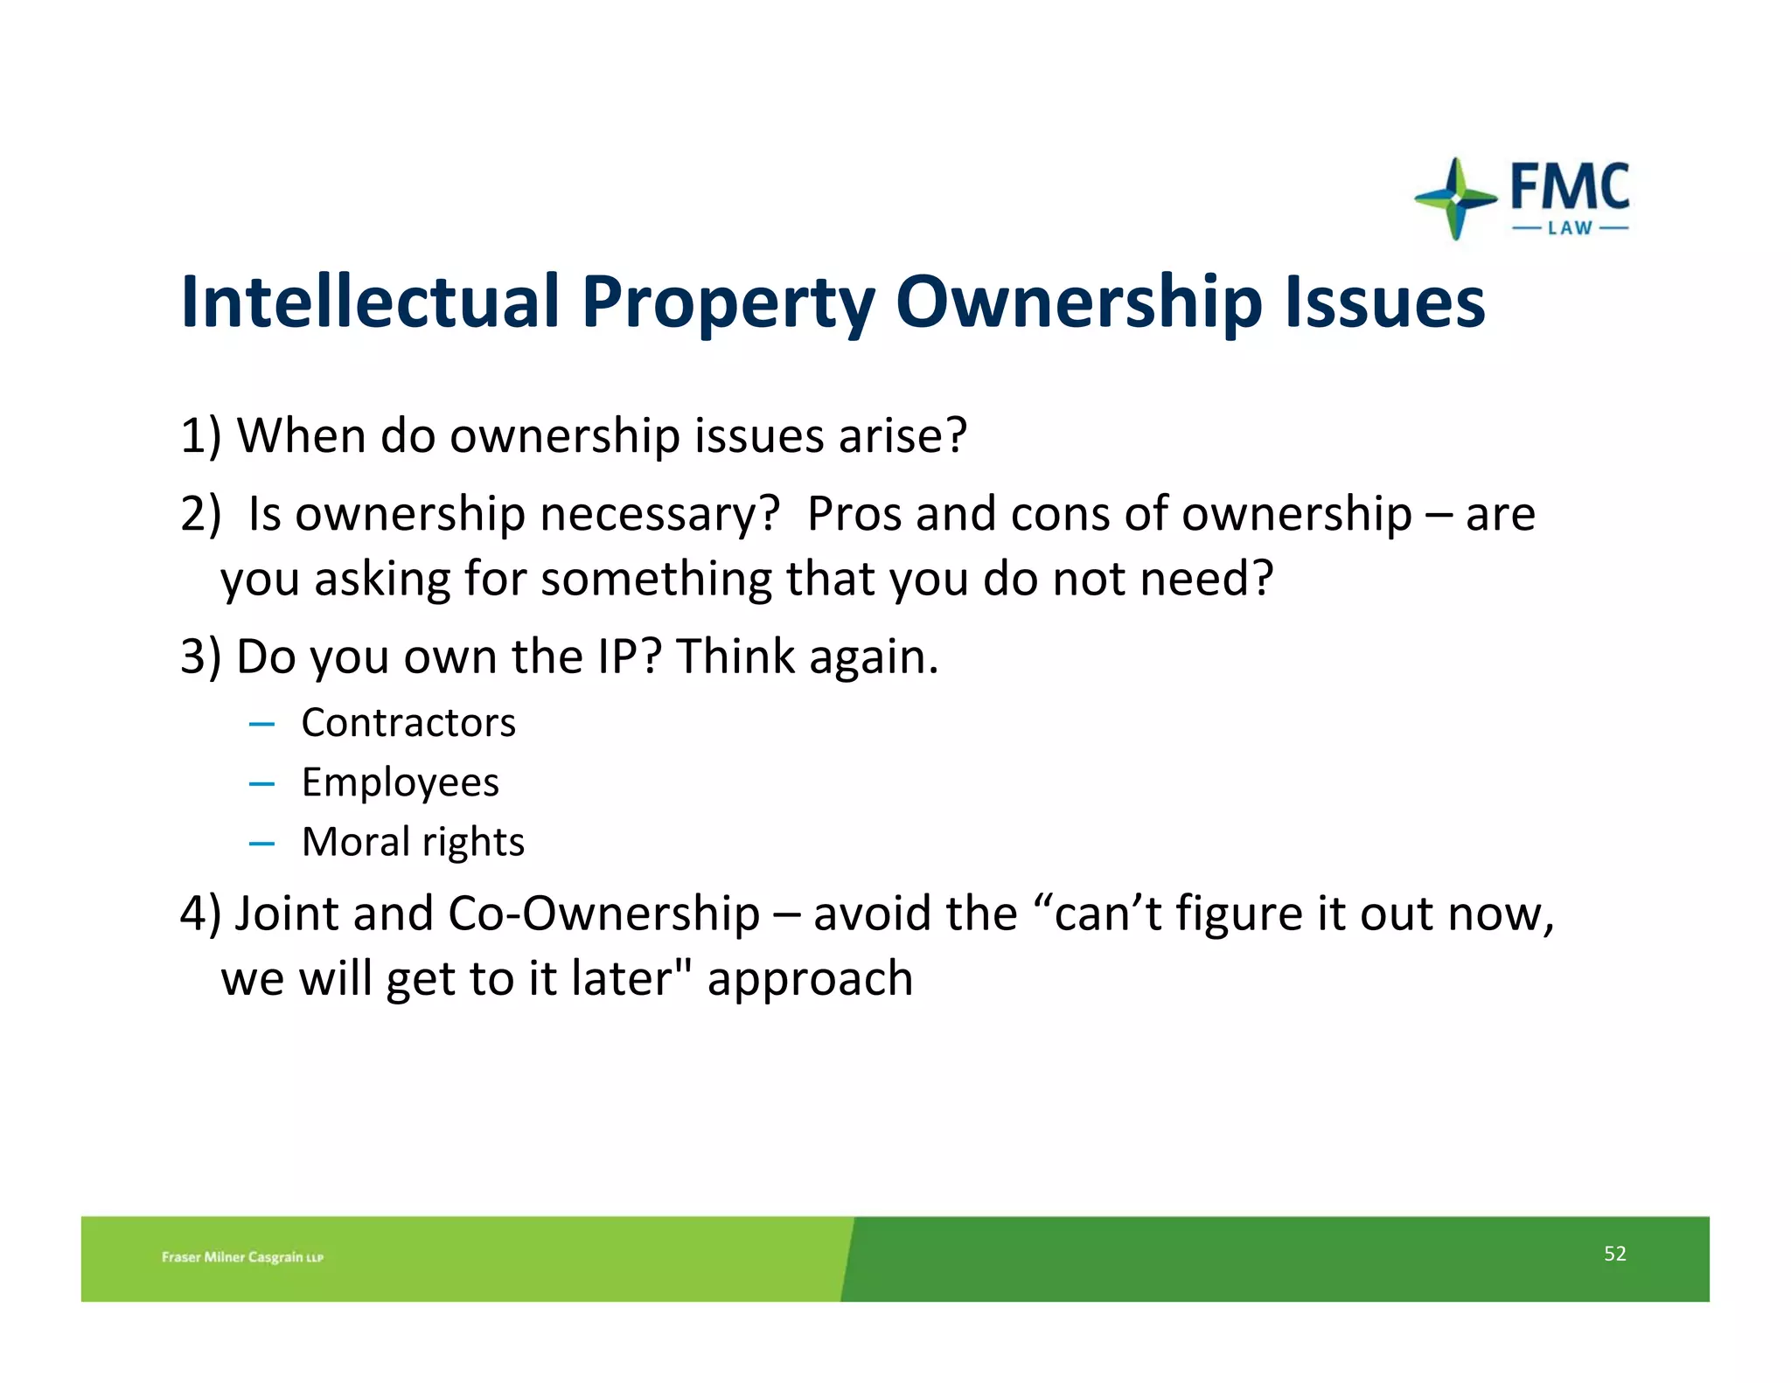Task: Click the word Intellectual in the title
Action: pyautogui.click(x=369, y=302)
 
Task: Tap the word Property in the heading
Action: pyautogui.click(x=728, y=303)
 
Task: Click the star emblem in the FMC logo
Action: pyautogui.click(x=1455, y=198)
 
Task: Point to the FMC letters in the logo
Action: pyautogui.click(x=1570, y=186)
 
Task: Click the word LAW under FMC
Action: pyautogui.click(x=1570, y=228)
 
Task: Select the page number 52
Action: pyautogui.click(x=1614, y=1254)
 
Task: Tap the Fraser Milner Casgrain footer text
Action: pyautogui.click(x=242, y=1257)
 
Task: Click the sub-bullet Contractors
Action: pyautogui.click(x=408, y=723)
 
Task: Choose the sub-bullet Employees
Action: pyautogui.click(x=400, y=782)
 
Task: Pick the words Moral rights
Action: pyautogui.click(x=413, y=842)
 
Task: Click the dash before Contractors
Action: pyautogui.click(x=261, y=725)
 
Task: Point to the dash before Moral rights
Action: pyautogui.click(x=261, y=844)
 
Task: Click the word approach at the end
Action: pyautogui.click(x=810, y=979)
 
